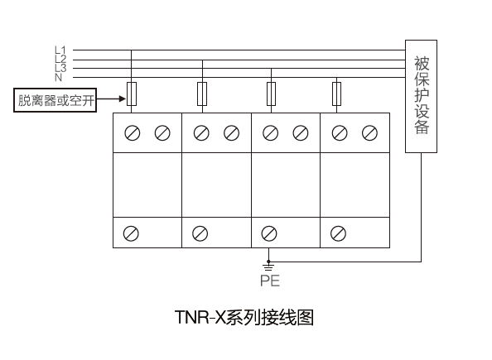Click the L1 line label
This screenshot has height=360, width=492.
coord(60,50)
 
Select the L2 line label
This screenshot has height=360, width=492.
coord(60,59)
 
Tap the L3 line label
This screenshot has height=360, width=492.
coord(60,68)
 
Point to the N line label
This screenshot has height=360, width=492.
coord(58,78)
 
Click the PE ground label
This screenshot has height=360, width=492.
coord(270,281)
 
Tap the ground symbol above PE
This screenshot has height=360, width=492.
coord(268,266)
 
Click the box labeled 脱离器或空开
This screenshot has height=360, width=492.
coord(55,100)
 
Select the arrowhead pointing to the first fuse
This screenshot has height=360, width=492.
coord(123,98)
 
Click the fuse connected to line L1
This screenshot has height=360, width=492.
coord(132,94)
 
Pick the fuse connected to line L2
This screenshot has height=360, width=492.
coord(202,94)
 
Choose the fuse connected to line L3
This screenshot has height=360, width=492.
coord(271,94)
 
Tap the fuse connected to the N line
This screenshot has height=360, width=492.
coord(336,94)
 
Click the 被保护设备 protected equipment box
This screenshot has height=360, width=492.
coord(421,96)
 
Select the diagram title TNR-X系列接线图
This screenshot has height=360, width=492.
coord(244,317)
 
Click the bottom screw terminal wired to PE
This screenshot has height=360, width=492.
coord(269,233)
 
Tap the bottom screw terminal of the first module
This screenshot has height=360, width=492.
coord(131,233)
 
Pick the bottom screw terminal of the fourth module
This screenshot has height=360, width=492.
coord(338,233)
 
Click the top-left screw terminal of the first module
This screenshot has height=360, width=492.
coord(133,133)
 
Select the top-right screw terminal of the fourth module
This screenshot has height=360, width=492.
coord(369,133)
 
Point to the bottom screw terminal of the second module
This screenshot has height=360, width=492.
coord(200,233)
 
